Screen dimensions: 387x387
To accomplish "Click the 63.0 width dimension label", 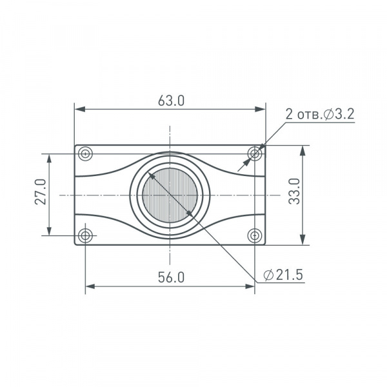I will pos(171,101).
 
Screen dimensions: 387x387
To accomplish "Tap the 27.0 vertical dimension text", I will pos(41,192).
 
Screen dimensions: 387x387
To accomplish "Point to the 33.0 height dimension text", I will pos(294,192).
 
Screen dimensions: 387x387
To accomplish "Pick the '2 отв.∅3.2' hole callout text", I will pos(320,115).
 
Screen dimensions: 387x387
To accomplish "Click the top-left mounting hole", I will pos(85,154).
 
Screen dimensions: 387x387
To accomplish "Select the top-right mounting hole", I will pos(255,154).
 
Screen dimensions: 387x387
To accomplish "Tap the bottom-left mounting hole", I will pos(85,235).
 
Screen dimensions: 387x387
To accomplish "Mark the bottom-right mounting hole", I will pos(255,235).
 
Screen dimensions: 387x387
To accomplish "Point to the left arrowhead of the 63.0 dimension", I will pos(79,110).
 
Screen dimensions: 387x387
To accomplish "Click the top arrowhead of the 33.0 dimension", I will pos(303,150).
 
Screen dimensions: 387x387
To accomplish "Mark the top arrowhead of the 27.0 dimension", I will pos(49,158).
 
